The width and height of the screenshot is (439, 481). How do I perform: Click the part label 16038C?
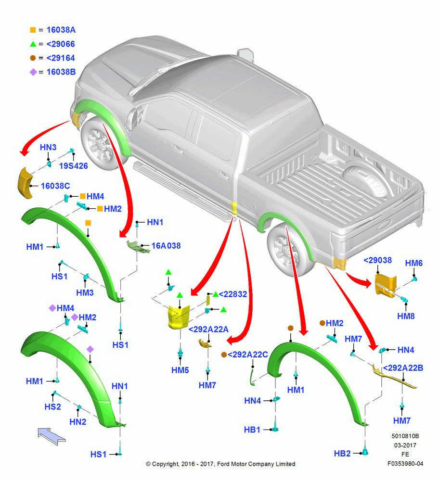55,186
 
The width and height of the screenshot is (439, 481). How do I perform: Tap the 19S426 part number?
73,166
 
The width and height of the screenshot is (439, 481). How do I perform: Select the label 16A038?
166,246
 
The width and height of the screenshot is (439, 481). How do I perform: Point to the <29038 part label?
377,260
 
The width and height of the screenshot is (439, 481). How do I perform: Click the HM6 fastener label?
414,263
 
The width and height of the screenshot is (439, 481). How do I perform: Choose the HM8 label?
406,316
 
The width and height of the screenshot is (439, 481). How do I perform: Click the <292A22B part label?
403,368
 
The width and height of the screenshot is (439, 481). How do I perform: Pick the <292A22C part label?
248,354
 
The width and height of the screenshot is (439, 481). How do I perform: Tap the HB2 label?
342,454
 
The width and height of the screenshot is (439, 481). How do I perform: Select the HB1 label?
252,430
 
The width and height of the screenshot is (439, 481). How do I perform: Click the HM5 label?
180,370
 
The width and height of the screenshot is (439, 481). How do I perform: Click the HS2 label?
52,407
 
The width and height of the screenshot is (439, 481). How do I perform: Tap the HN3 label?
48,147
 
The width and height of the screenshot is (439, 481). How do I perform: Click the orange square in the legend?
33,30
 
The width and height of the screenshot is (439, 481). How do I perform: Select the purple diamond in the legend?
33,72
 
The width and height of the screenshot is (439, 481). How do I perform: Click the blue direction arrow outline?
52,436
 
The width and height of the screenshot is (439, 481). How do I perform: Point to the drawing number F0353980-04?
405,464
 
